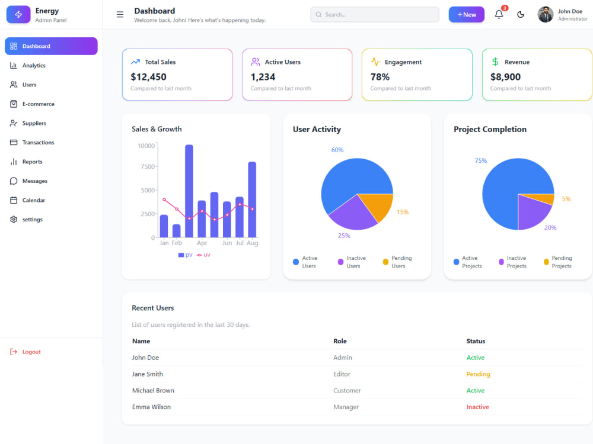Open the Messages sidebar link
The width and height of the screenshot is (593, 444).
point(28,181)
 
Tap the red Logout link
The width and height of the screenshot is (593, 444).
point(25,352)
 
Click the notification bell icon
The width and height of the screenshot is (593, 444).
point(499,14)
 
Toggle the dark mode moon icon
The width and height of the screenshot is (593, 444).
point(521,14)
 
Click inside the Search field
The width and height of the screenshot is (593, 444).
point(375,14)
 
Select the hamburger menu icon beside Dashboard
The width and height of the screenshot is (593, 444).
point(120,14)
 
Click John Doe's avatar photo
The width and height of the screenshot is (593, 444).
point(546,14)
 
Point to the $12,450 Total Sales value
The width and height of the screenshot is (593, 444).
point(148,77)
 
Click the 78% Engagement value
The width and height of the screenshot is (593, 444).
point(380,77)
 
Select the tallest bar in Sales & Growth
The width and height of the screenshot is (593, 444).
point(189,191)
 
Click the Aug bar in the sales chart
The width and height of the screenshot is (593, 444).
point(252,200)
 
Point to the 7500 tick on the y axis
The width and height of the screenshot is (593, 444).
point(148,166)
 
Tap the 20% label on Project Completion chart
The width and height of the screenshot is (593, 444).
point(550,228)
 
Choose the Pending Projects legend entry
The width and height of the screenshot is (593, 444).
point(558,262)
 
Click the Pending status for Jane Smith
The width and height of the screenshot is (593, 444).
point(478,374)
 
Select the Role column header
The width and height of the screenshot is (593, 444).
point(340,342)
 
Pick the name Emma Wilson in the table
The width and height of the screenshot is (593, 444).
point(151,407)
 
